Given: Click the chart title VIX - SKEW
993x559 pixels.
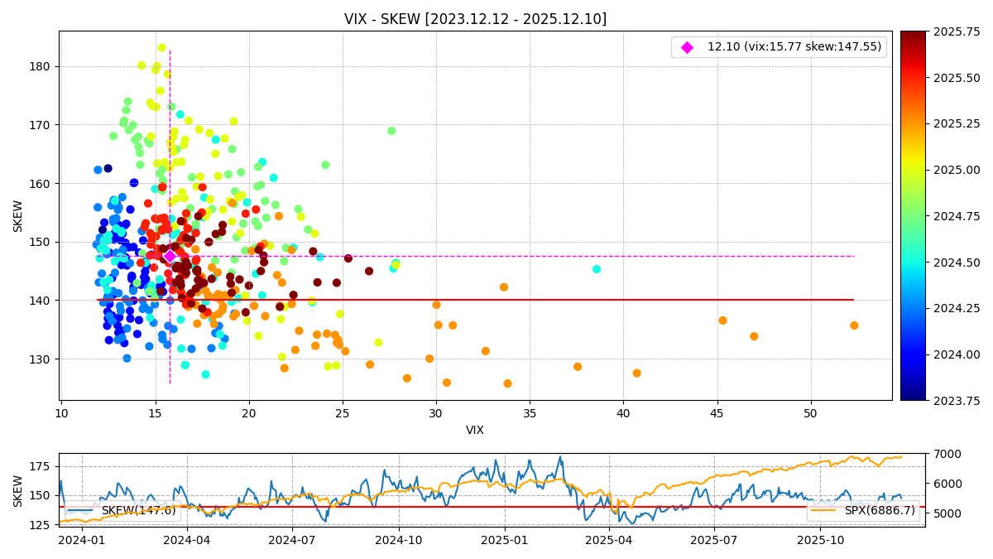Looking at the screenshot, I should tap(475, 19).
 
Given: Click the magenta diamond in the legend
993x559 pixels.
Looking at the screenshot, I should tap(687, 47).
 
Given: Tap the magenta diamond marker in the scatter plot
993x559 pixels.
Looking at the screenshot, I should tap(170, 256).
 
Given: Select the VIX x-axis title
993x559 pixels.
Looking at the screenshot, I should tap(475, 430).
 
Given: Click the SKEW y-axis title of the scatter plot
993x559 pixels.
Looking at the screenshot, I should tap(18, 215).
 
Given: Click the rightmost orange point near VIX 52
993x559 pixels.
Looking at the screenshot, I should tap(854, 325).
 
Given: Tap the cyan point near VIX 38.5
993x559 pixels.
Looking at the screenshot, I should tap(597, 269).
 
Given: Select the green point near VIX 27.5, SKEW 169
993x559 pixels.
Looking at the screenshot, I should tap(391, 131).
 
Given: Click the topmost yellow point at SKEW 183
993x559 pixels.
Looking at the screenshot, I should tap(162, 48).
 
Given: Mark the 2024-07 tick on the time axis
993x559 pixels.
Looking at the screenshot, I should tap(292, 540).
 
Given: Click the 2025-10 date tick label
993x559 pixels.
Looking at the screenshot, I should tap(819, 540).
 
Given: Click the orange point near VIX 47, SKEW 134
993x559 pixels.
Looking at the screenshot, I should tap(754, 336).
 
